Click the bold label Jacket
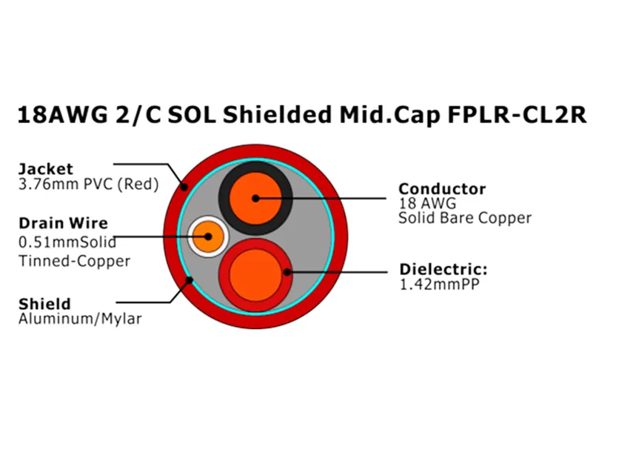pos(46,168)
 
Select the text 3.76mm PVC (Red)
pos(88,183)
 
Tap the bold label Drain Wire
pos(63,223)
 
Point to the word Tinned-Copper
pos(74,261)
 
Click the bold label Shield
pos(44,304)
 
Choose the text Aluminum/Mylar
pos(79,319)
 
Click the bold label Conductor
pos(442,189)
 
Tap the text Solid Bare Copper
pos(465,218)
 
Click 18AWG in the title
pos(60,116)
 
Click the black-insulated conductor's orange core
pos(255,198)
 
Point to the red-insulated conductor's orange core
pos(255,273)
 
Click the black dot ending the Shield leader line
pos(190,280)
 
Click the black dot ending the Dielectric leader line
pos(287,272)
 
